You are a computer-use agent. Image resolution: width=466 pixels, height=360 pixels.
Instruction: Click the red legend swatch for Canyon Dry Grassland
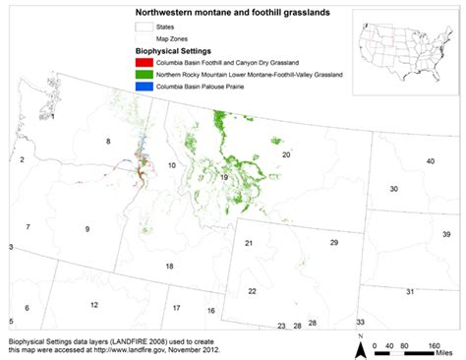[x=143, y=62]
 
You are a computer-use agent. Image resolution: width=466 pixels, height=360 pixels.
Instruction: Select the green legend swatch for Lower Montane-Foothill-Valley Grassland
[x=143, y=75]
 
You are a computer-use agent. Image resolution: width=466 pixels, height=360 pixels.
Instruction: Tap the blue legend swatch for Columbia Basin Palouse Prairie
[x=143, y=88]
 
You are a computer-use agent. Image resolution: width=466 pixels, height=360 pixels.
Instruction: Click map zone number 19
[x=224, y=177]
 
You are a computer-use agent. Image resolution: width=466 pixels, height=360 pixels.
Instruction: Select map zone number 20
[x=286, y=155]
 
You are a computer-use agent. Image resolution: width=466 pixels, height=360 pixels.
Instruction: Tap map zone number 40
[x=431, y=161]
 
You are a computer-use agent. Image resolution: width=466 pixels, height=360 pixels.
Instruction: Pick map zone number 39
[x=445, y=234]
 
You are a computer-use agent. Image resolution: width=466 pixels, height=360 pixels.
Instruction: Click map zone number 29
[x=333, y=242]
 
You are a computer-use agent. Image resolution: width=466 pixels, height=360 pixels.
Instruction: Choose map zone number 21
[x=249, y=243]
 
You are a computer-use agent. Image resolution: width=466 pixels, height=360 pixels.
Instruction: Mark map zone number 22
[x=252, y=291]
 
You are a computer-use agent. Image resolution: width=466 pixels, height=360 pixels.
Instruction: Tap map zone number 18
[x=169, y=267]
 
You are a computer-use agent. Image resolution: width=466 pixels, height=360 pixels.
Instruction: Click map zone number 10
[x=171, y=166]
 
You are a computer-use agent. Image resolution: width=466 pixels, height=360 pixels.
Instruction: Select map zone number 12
[x=93, y=305]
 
